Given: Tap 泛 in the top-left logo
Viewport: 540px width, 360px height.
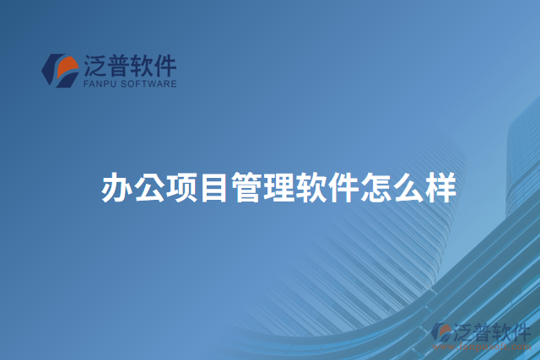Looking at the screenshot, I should click(x=95, y=65).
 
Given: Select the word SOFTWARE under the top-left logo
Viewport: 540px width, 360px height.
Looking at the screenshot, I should click(x=149, y=83).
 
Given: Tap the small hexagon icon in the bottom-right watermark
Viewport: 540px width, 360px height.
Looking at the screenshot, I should click(x=441, y=333).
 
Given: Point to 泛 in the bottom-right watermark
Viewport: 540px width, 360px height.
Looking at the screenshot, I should click(x=462, y=331).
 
